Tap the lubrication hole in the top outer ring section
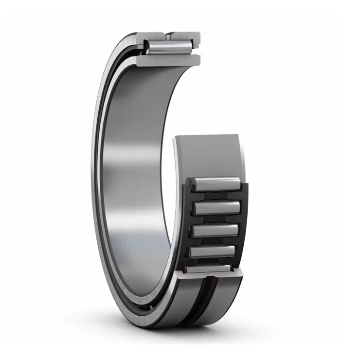[x=168, y=35]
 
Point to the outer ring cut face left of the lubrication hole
[x=151, y=36]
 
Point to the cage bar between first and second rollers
[x=216, y=197]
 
